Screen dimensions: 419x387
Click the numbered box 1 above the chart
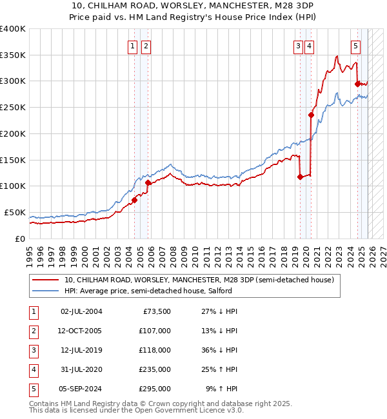pos(132,46)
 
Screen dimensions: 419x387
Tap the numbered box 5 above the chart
pos(356,46)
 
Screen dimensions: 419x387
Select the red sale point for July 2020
pos(311,115)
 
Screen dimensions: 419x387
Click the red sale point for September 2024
pos(357,83)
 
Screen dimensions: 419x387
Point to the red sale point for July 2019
pos(300,177)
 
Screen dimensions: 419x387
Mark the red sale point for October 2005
pos(148,182)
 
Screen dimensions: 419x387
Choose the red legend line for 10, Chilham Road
pos(46,280)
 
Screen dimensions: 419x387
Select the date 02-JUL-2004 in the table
pos(81,311)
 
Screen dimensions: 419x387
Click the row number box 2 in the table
pos(34,331)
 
